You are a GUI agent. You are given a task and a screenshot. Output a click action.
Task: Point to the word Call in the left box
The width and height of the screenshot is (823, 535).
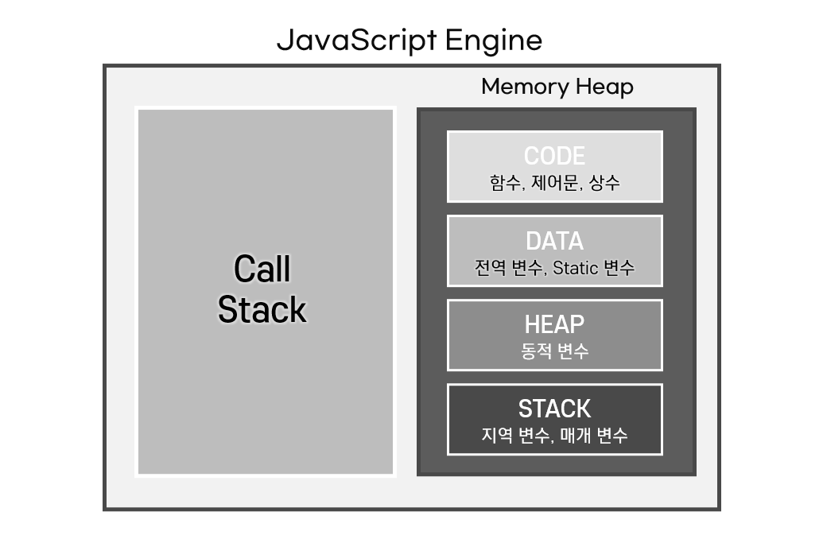tap(262, 269)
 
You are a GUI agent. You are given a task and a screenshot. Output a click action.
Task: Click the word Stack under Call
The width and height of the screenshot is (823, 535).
tap(262, 309)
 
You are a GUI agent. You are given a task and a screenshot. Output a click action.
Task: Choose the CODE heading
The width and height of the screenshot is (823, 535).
tap(554, 156)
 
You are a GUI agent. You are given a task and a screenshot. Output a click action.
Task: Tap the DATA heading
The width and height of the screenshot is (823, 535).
tap(554, 241)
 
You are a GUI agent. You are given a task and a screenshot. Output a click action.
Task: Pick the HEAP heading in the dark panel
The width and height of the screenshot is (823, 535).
tap(554, 324)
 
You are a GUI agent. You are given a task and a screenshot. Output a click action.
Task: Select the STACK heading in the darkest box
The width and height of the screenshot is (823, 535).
tap(554, 409)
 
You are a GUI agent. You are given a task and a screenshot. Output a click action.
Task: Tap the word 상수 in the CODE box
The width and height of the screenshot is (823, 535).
tap(604, 183)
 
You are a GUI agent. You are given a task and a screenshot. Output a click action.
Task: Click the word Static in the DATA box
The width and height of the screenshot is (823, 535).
tap(575, 268)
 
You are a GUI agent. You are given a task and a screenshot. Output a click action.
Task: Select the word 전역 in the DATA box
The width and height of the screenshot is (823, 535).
tap(490, 268)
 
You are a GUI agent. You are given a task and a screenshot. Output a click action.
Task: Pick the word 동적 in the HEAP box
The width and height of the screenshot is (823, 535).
tap(536, 351)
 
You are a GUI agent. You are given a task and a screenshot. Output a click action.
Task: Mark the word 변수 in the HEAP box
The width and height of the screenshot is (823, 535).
tap(573, 351)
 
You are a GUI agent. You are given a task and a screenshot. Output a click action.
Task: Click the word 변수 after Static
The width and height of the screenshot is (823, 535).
tap(619, 268)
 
